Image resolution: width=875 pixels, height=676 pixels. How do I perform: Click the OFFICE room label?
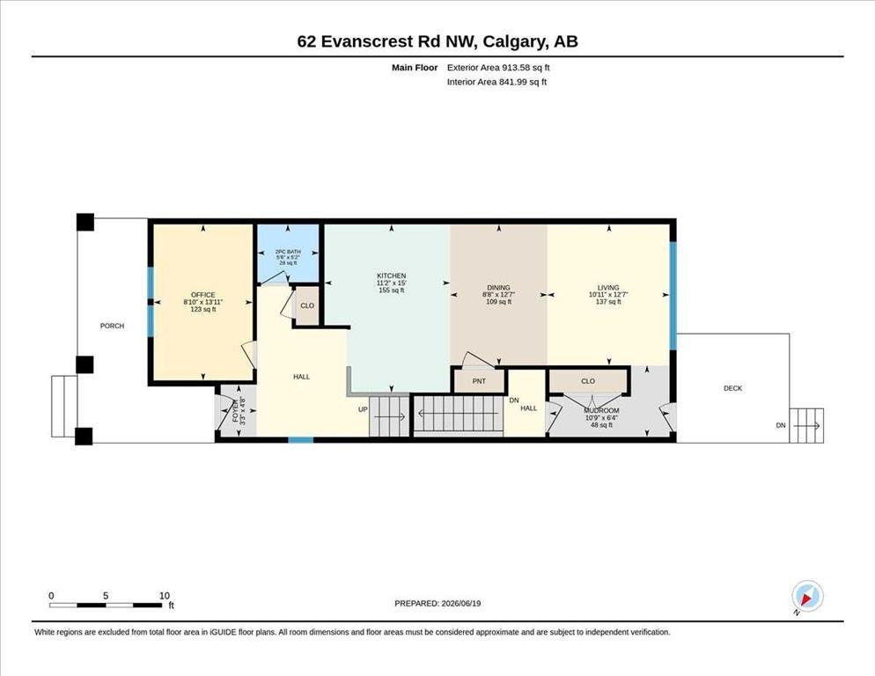pyautogui.click(x=203, y=295)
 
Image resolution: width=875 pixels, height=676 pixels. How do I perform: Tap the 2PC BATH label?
pyautogui.click(x=288, y=252)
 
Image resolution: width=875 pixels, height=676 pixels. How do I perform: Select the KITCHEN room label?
pyautogui.click(x=391, y=276)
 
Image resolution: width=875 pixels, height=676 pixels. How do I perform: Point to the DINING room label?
pyautogui.click(x=498, y=288)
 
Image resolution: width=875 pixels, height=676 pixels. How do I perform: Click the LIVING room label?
pyautogui.click(x=608, y=288)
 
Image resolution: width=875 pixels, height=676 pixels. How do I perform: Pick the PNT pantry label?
pyautogui.click(x=479, y=381)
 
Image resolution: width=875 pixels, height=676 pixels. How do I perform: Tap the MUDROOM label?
pyautogui.click(x=601, y=410)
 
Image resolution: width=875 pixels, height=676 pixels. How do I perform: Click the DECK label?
pyautogui.click(x=732, y=388)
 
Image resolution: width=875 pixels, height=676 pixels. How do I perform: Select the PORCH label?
pyautogui.click(x=112, y=326)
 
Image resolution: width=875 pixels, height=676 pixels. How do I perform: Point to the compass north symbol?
pyautogui.click(x=807, y=597)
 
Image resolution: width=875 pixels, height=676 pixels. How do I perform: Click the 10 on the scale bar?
pyautogui.click(x=164, y=596)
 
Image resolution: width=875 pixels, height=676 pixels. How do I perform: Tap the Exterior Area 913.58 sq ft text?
pyautogui.click(x=498, y=68)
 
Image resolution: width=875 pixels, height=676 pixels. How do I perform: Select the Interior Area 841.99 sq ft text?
pyautogui.click(x=496, y=82)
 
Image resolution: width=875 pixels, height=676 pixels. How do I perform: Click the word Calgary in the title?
pyautogui.click(x=515, y=42)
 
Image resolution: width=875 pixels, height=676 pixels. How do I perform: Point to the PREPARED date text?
pyautogui.click(x=437, y=604)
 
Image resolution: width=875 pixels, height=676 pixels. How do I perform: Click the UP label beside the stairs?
pyautogui.click(x=363, y=409)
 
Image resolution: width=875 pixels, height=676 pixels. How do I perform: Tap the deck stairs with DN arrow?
pyautogui.click(x=807, y=425)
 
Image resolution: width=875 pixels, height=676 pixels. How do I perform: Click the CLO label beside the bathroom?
pyautogui.click(x=307, y=306)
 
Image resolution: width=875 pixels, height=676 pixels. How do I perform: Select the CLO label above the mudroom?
pyautogui.click(x=588, y=381)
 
